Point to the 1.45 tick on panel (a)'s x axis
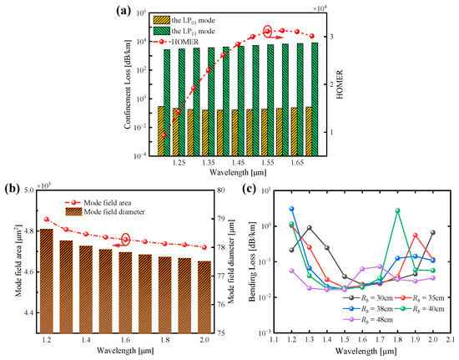(x=238, y=165)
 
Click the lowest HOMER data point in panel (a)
(x=164, y=135)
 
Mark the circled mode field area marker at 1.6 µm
(x=126, y=240)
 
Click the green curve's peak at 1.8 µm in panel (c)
(x=398, y=210)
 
